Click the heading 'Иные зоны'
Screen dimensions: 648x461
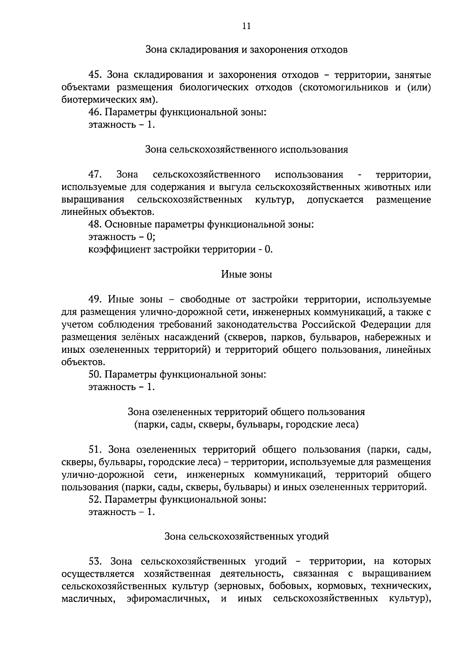[246, 274]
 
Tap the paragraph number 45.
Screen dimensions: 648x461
[95, 75]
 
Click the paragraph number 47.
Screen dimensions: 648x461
[95, 174]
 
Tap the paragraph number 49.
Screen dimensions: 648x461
[95, 299]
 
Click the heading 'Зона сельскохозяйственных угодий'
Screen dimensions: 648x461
[247, 536]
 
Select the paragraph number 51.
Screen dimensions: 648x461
[95, 449]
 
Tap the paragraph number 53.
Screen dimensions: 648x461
[95, 561]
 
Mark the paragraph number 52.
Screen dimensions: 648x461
[95, 499]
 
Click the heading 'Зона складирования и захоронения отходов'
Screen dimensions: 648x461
[247, 50]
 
